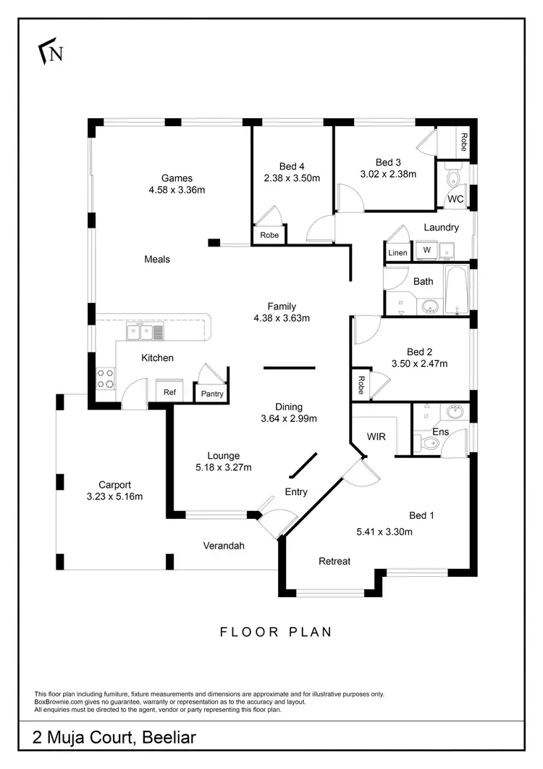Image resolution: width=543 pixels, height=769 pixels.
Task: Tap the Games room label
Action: click(177, 178)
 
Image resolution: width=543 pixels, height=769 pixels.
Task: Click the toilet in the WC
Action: click(452, 178)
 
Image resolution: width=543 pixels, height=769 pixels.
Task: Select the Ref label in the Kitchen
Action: click(169, 392)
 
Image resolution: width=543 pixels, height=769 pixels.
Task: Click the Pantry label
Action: click(212, 394)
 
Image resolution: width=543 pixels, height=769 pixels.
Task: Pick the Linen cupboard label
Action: click(397, 252)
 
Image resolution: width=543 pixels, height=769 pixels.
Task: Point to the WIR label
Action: click(376, 437)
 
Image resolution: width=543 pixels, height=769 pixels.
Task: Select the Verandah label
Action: click(223, 546)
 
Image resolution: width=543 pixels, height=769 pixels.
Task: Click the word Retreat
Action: click(334, 561)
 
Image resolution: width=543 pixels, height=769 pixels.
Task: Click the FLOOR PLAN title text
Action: click(276, 632)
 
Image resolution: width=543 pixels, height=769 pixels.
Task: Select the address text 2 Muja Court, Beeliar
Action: click(114, 739)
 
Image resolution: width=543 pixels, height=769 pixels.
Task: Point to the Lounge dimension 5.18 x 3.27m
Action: click(224, 467)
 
